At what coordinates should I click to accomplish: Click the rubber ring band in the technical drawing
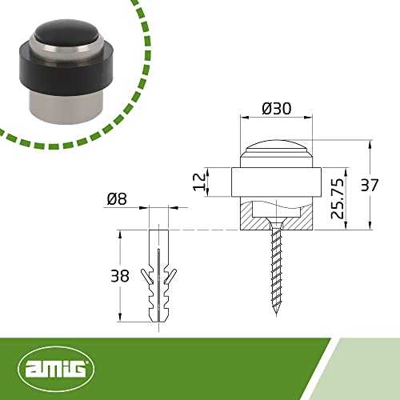coord(274,182)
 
